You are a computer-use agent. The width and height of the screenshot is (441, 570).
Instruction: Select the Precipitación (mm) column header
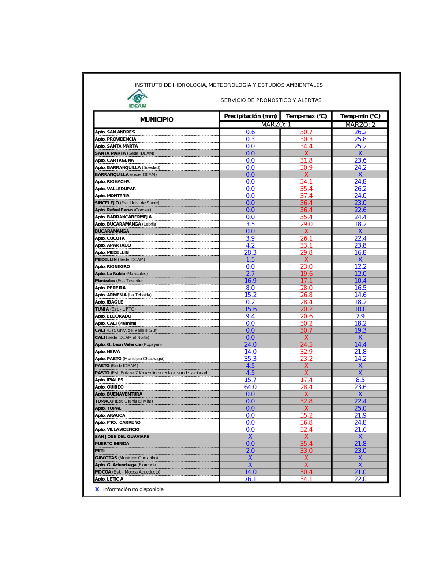point(250,116)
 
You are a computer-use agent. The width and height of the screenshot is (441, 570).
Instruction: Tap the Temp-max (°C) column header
point(306,116)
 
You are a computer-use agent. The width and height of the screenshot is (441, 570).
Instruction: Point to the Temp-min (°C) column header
point(360,116)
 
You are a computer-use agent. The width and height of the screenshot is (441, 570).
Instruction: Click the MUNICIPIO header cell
point(157,119)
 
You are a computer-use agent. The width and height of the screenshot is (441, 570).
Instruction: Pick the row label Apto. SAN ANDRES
point(115,132)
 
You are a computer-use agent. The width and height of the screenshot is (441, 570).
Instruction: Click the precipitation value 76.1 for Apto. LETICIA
point(250,479)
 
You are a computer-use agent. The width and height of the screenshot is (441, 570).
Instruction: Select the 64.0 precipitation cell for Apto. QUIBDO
point(250,387)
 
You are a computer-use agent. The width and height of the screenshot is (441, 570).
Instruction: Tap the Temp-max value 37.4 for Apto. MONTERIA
point(306,196)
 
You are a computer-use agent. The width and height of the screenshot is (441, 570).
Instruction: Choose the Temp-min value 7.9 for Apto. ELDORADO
point(360,316)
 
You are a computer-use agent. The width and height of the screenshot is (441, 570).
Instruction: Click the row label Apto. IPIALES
point(109,380)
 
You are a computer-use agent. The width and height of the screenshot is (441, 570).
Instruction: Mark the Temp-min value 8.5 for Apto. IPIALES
point(360,380)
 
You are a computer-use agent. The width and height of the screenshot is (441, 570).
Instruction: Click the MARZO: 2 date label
point(360,125)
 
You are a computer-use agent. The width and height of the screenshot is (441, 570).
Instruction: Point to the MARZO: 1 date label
point(276,125)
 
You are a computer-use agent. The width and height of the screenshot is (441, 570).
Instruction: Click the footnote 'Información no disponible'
point(133,489)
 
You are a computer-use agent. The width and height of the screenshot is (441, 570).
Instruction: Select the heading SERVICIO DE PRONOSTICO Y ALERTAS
point(271,100)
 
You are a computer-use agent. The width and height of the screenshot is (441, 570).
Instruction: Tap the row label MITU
point(100,451)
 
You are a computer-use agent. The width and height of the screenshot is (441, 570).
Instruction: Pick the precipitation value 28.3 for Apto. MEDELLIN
point(250,252)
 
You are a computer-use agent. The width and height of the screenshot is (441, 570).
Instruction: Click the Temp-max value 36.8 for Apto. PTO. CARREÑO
point(306,422)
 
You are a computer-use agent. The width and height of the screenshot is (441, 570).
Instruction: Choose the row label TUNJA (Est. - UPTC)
point(115,309)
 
